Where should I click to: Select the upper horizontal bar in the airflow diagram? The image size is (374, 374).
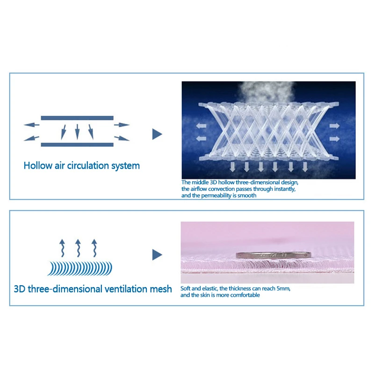77,118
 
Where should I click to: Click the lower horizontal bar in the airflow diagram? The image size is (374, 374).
77,144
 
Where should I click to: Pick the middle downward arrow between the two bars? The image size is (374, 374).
77,131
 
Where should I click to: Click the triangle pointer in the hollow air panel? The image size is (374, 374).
157,134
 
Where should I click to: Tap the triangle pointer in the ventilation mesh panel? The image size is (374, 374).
157,255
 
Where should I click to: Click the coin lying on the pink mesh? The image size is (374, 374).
273,255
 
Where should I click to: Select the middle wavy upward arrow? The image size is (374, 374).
78,248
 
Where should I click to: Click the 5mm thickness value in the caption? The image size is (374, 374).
283,288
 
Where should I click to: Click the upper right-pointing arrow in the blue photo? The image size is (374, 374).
334,126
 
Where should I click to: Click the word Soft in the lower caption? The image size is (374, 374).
187,288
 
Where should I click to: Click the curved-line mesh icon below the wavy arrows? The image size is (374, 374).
79,268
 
